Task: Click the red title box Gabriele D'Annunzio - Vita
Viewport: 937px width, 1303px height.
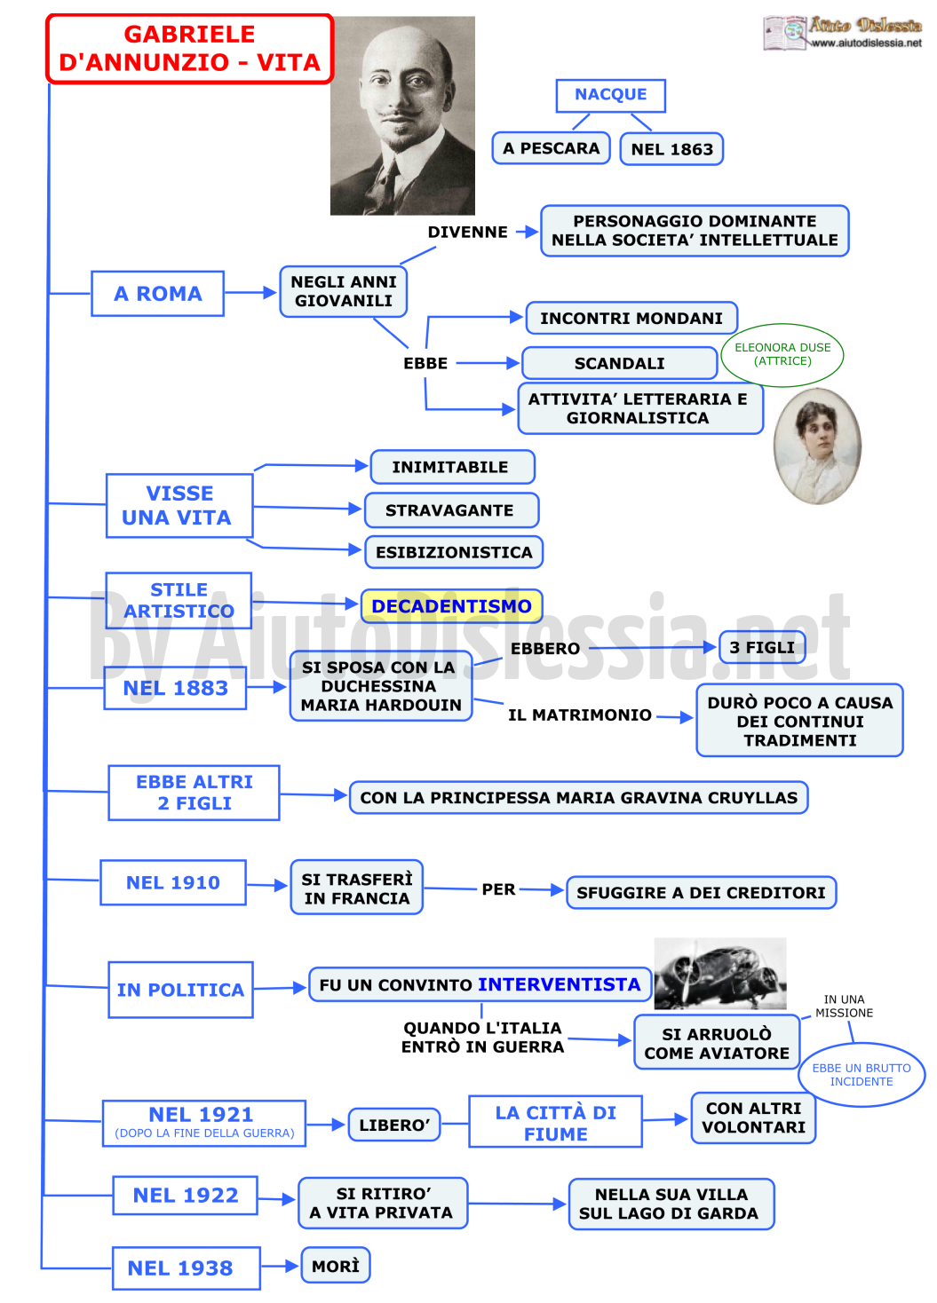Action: [x=190, y=49]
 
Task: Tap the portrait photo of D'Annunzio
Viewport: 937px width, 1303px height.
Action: [x=402, y=115]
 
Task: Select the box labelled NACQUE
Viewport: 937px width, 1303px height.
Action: [x=611, y=95]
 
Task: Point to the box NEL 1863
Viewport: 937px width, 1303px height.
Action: [x=672, y=149]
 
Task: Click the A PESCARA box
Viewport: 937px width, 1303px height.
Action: [x=552, y=148]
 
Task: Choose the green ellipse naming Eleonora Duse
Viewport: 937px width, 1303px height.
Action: [x=782, y=355]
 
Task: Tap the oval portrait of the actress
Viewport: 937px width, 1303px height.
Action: [x=818, y=446]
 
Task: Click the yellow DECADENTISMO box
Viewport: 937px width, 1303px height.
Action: [x=452, y=606]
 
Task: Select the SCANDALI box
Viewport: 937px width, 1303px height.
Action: [x=620, y=364]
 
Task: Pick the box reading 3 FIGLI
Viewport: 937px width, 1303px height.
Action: [x=762, y=647]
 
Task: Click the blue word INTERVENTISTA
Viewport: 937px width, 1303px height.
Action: [x=560, y=984]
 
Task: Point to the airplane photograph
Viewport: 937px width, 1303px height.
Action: [x=720, y=973]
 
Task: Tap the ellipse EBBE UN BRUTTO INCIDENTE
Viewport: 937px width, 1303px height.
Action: [x=862, y=1075]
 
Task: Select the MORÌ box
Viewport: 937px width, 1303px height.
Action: [x=336, y=1266]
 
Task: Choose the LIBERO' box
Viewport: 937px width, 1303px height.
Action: [x=394, y=1125]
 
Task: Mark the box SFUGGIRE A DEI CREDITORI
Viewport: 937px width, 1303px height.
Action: [x=702, y=892]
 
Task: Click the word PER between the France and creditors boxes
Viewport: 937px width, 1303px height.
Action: [x=499, y=889]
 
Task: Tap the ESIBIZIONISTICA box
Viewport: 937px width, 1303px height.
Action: [x=454, y=552]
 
